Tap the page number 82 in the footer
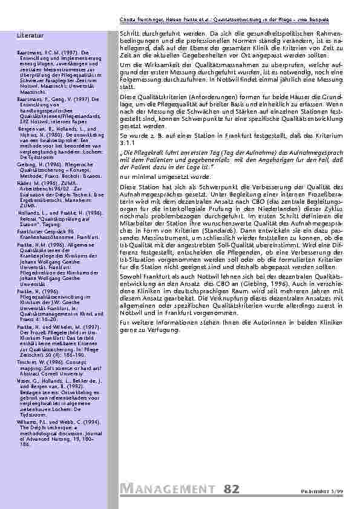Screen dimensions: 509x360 231,489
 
